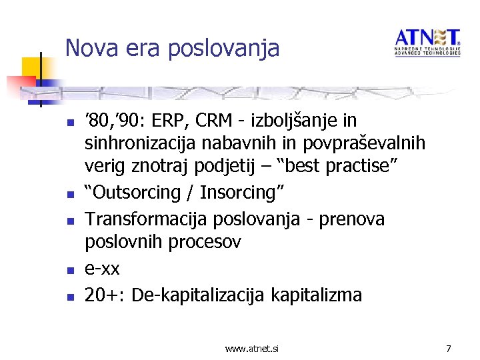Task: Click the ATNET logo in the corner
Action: tap(427, 42)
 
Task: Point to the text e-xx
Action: tap(102, 268)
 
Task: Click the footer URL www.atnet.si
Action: tap(252, 348)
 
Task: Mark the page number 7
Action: tap(449, 347)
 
